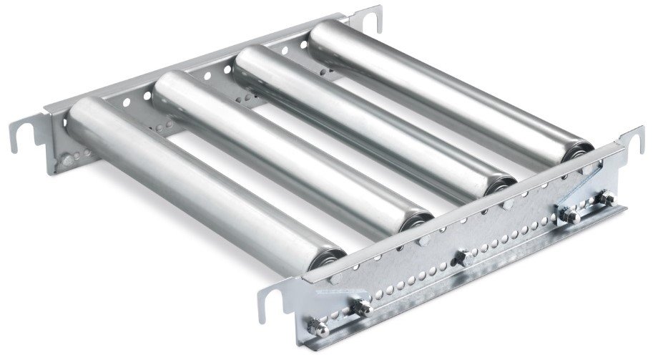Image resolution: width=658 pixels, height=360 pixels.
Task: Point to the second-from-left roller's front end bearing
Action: click(417, 222)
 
